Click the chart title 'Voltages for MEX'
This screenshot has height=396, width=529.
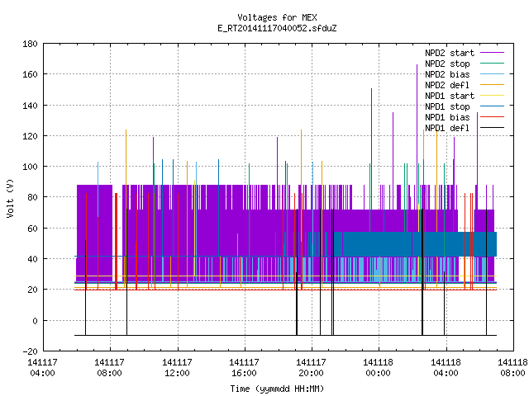point(277,17)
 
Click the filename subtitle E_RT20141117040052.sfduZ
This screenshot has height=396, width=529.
point(277,28)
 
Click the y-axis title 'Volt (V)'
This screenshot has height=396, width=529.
point(10,198)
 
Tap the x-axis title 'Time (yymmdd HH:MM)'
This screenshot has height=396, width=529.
point(277,389)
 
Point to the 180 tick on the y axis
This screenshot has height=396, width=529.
point(30,44)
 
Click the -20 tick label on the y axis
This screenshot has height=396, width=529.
point(30,351)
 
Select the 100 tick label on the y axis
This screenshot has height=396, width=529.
point(30,167)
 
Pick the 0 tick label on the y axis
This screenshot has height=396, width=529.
point(35,321)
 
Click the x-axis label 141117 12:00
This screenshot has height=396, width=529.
point(177,367)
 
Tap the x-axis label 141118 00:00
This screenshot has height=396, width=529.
point(379,367)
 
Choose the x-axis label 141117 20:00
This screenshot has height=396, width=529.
point(311,367)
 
